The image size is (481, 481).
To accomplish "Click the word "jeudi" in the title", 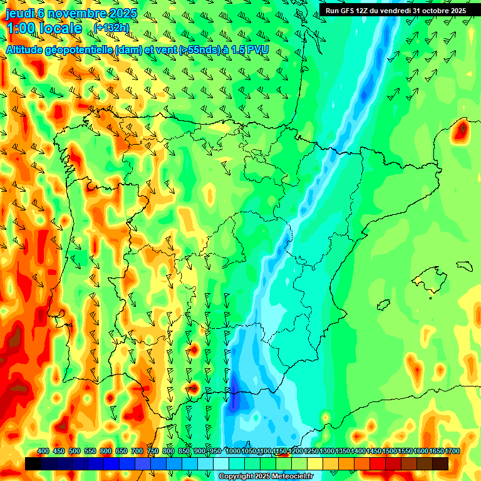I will pos(20,13).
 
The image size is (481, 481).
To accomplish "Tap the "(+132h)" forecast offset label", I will pos(111,28).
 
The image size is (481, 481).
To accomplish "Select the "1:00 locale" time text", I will pos(44,28).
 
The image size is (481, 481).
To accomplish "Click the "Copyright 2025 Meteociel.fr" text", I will pos(266,477).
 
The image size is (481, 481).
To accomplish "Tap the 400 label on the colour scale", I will pos(43,452).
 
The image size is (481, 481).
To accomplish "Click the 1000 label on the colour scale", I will pos(232,452).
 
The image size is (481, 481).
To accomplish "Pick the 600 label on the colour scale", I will pos(106,452).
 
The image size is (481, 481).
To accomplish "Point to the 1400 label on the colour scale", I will pos(358,452).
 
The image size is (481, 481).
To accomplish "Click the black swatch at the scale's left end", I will pos(33,463).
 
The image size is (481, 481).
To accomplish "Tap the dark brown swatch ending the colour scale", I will pos(440,463).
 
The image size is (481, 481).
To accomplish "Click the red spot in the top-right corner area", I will pos(462,130).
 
